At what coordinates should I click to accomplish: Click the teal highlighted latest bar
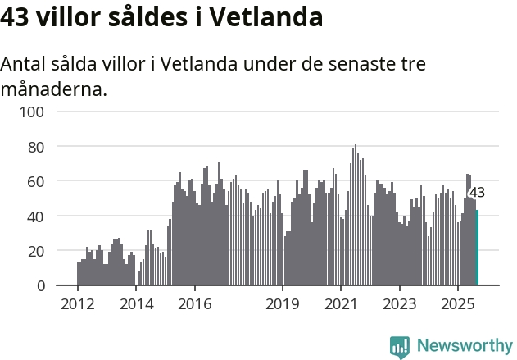pyautogui.click(x=477, y=248)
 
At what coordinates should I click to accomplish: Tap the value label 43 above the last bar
pyautogui.click(x=477, y=193)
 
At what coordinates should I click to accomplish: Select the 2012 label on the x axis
pyautogui.click(x=78, y=304)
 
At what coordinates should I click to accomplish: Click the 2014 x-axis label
pyautogui.click(x=136, y=304)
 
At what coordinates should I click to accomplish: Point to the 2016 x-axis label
pyautogui.click(x=194, y=304)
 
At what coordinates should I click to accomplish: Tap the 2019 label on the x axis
pyautogui.click(x=283, y=304)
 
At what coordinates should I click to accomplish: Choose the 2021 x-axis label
pyautogui.click(x=341, y=304)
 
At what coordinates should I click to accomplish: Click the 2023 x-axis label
pyautogui.click(x=399, y=304)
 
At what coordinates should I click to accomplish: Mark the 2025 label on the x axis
pyautogui.click(x=457, y=304)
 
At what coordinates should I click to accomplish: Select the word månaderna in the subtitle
pyautogui.click(x=53, y=89)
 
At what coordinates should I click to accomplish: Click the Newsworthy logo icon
pyautogui.click(x=400, y=346)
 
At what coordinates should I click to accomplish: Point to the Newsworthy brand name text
pyautogui.click(x=465, y=346)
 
